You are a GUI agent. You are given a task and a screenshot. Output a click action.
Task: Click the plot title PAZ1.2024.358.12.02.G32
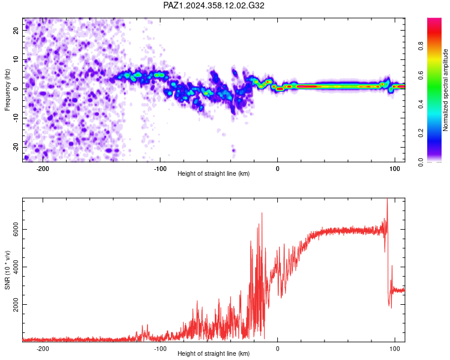click(x=214, y=5)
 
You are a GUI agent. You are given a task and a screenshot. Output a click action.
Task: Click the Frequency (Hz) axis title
click(x=7, y=90)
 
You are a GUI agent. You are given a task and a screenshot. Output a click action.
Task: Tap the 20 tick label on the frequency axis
click(x=16, y=30)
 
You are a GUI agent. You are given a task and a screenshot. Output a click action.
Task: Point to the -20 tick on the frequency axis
click(x=16, y=147)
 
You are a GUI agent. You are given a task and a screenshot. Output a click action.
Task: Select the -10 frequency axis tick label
click(x=16, y=118)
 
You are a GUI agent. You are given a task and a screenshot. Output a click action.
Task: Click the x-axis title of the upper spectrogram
click(x=214, y=173)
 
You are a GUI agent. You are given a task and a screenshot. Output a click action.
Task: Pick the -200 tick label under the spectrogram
click(x=43, y=169)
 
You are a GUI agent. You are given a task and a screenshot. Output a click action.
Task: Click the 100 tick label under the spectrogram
click(x=395, y=169)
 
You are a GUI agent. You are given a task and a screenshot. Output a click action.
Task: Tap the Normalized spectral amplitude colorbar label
click(x=445, y=90)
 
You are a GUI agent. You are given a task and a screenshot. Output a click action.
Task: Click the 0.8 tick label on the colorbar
click(x=421, y=46)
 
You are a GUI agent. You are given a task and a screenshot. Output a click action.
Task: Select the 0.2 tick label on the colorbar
click(x=421, y=133)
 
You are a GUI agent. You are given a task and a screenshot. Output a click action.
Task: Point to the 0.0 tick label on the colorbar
click(x=421, y=162)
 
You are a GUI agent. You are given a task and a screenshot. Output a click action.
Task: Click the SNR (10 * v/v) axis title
click(x=7, y=270)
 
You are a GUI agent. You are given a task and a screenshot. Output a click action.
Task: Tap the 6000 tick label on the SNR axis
click(x=16, y=229)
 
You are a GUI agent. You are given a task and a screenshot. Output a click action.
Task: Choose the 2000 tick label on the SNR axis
click(x=16, y=304)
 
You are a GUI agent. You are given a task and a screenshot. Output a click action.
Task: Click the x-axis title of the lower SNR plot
click(x=214, y=353)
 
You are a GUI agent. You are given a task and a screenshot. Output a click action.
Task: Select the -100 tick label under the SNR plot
click(x=160, y=349)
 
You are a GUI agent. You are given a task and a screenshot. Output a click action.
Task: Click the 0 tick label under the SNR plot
click(x=278, y=349)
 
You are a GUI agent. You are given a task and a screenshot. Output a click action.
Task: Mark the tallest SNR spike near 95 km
click(x=387, y=199)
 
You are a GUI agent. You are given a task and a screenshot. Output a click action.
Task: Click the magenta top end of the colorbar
click(x=434, y=20)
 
